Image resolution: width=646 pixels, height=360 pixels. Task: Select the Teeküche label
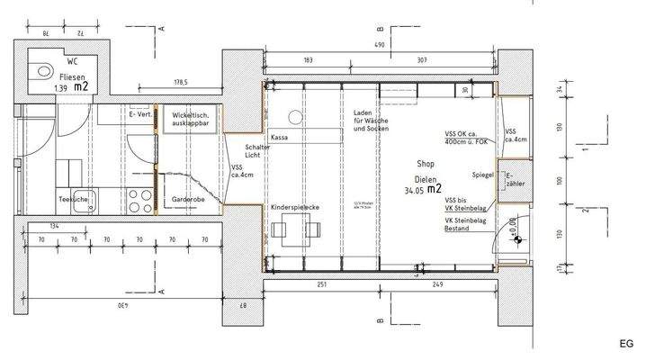click(x=72, y=198)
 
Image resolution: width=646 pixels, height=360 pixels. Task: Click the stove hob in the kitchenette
click(x=140, y=198)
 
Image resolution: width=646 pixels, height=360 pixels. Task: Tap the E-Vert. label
click(x=140, y=114)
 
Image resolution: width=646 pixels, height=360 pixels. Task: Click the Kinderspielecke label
click(x=295, y=207)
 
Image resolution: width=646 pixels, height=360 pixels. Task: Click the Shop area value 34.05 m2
click(x=422, y=190)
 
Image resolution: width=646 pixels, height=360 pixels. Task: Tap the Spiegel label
click(x=483, y=175)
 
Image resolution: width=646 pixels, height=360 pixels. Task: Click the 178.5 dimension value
click(x=182, y=82)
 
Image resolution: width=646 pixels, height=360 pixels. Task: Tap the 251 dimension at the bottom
click(x=322, y=285)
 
